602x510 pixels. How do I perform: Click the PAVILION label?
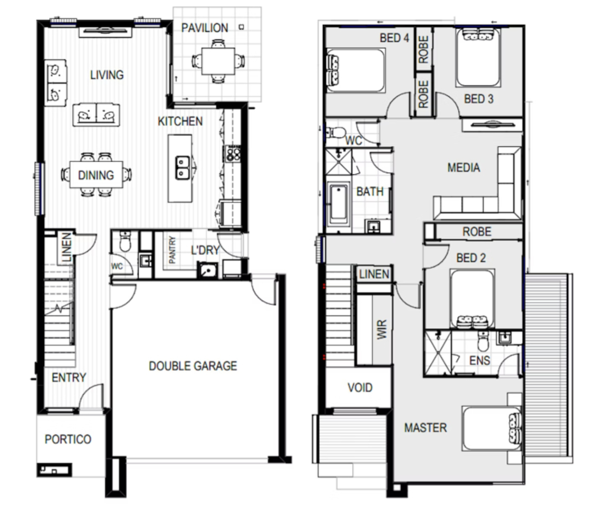pos(204,28)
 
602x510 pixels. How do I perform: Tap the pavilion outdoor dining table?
pos(218,61)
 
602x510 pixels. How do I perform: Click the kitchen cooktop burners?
pos(233,154)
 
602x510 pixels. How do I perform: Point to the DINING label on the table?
pos(96,175)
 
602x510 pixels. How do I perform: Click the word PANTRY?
pos(172,250)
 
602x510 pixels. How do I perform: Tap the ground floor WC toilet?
pos(125,242)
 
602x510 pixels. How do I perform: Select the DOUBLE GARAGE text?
pos(193,366)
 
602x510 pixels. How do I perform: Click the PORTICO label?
pos(68,439)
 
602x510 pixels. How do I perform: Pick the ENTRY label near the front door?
pos(69,378)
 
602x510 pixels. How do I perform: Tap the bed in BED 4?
pos(356,71)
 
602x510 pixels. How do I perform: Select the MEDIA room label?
pos(464,168)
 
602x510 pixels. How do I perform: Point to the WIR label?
pos(382,329)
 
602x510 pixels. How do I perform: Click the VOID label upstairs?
pos(360,388)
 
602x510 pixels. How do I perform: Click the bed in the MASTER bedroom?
pos(492,428)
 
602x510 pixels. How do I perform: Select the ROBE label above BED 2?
pos(477,232)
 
